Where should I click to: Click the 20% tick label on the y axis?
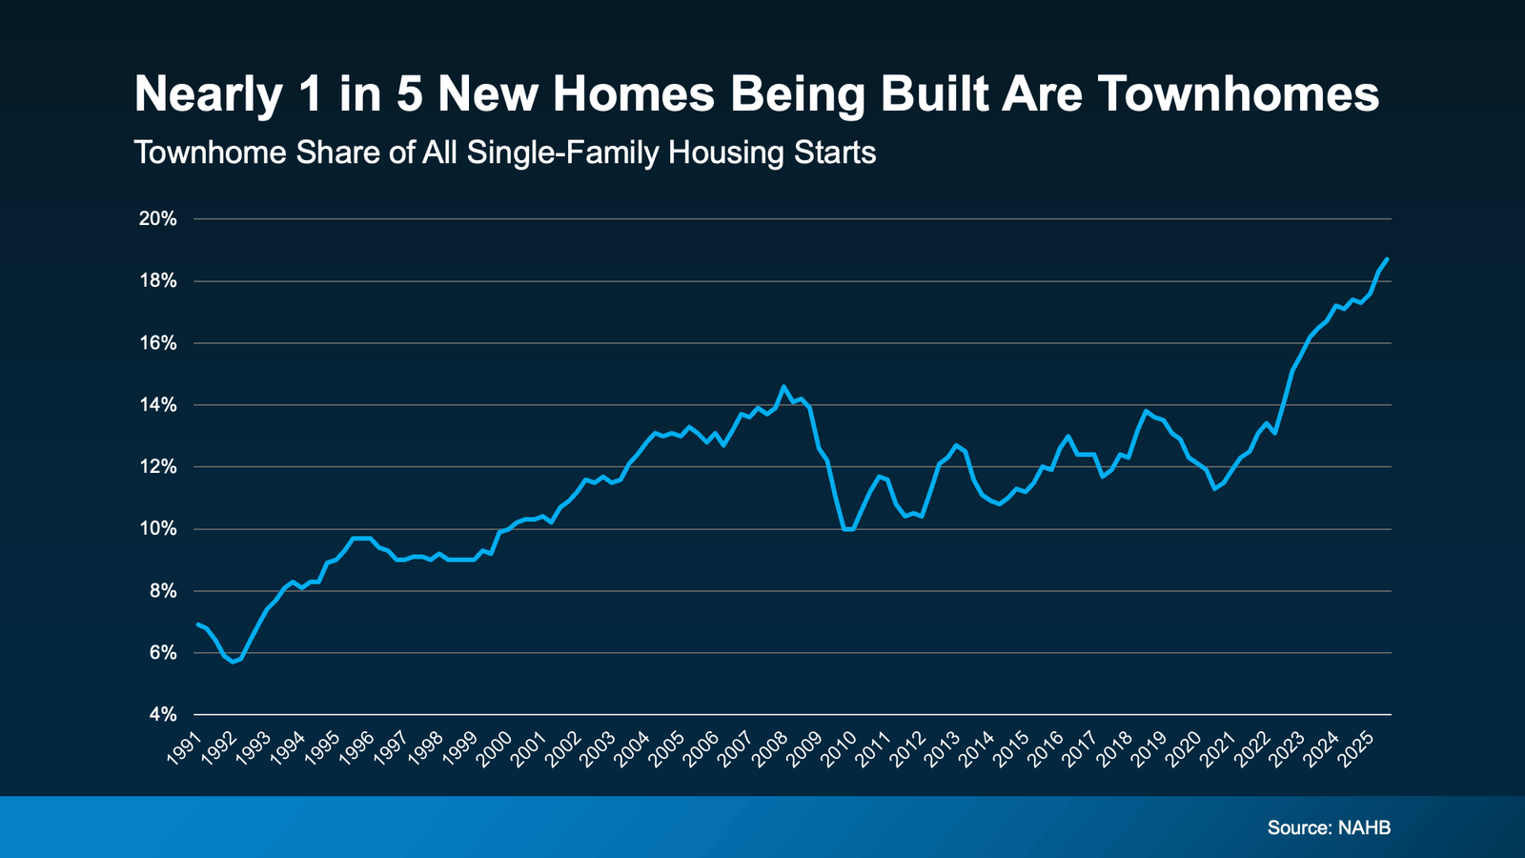click(158, 219)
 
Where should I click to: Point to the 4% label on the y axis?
click(161, 715)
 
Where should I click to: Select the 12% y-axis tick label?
click(158, 467)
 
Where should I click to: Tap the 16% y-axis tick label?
click(158, 343)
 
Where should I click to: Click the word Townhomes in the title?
click(1238, 94)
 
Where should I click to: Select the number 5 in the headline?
click(410, 94)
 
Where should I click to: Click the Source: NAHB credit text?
click(1329, 827)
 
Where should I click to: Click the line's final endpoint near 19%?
click(1387, 259)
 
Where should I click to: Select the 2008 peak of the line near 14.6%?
click(783, 386)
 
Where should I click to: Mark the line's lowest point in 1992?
click(232, 662)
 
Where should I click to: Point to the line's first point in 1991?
click(197, 624)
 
